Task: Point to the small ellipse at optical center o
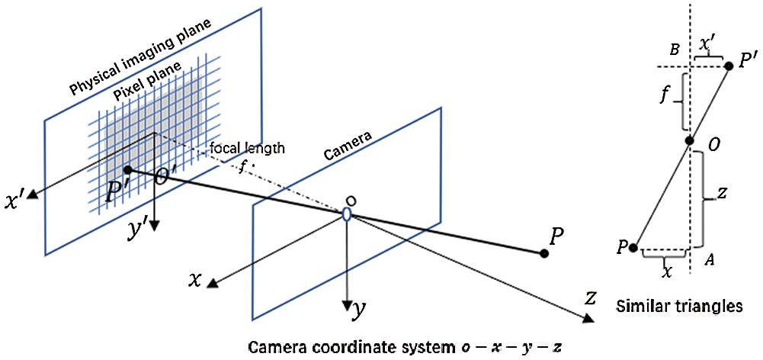coord(347,215)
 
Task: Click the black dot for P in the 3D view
coord(543,253)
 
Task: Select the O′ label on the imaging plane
coord(165,178)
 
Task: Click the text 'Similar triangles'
coord(678,307)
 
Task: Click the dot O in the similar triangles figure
coord(689,140)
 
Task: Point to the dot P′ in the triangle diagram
coord(729,66)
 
